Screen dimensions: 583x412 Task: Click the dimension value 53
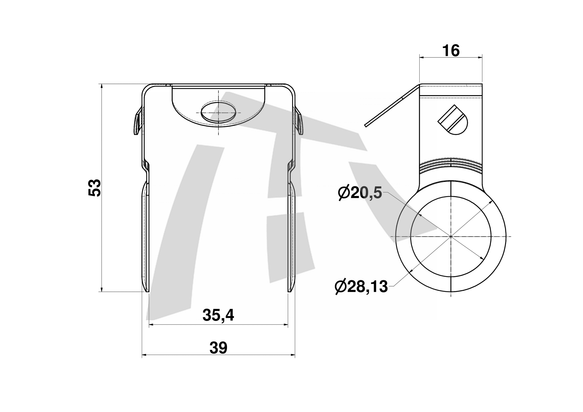[95, 188]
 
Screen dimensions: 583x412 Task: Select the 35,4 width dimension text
[218, 315]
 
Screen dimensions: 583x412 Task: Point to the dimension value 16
[451, 51]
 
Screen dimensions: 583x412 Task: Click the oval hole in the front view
[218, 112]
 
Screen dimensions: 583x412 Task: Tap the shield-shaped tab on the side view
[453, 120]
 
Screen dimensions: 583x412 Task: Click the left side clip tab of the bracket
[138, 121]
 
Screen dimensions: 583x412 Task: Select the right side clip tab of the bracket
[299, 121]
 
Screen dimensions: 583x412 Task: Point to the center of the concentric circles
[451, 237]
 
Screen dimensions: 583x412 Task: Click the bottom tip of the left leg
[148, 292]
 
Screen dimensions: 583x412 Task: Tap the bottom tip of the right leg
[289, 292]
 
